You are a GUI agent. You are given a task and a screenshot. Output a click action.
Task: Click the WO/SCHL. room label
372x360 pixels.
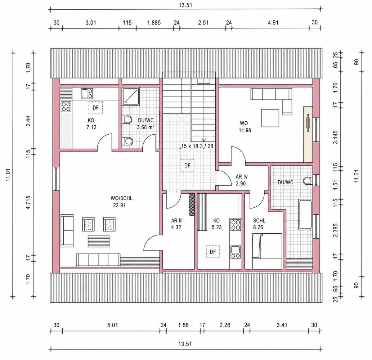pyautogui.click(x=122, y=198)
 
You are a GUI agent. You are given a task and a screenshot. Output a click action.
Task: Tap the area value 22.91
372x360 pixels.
pyautogui.click(x=119, y=205)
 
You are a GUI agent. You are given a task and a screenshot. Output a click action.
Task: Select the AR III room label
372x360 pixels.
pyautogui.click(x=177, y=221)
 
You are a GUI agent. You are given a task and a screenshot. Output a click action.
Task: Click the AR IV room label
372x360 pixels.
pyautogui.click(x=242, y=177)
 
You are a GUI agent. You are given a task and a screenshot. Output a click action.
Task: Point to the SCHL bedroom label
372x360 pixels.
pyautogui.click(x=259, y=221)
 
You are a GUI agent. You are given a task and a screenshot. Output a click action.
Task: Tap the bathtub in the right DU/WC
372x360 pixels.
pyautogui.click(x=305, y=215)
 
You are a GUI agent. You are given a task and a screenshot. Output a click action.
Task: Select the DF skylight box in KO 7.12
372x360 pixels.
pyautogui.click(x=95, y=108)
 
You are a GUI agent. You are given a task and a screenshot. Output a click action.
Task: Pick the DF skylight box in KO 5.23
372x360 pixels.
pyautogui.click(x=212, y=252)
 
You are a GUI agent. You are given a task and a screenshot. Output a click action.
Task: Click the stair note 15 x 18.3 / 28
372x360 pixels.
pyautogui.click(x=197, y=146)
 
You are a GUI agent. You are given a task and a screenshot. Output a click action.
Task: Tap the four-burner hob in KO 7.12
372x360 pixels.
pyautogui.click(x=66, y=107)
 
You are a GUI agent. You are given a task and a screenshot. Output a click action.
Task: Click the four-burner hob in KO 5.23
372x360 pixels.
pyautogui.click(x=236, y=224)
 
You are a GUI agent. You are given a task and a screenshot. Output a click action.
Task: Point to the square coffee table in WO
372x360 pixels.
pyautogui.click(x=270, y=118)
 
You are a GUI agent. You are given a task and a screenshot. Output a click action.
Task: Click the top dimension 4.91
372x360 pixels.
pyautogui.click(x=273, y=23)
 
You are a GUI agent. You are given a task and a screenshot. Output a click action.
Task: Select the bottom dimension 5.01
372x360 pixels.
pyautogui.click(x=112, y=325)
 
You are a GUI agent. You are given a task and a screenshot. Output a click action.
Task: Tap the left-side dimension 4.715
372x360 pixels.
pyautogui.click(x=28, y=203)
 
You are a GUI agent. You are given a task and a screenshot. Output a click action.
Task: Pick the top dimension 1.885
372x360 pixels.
pyautogui.click(x=154, y=23)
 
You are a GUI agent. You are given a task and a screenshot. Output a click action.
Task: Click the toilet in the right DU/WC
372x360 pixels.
pyautogui.click(x=308, y=181)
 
